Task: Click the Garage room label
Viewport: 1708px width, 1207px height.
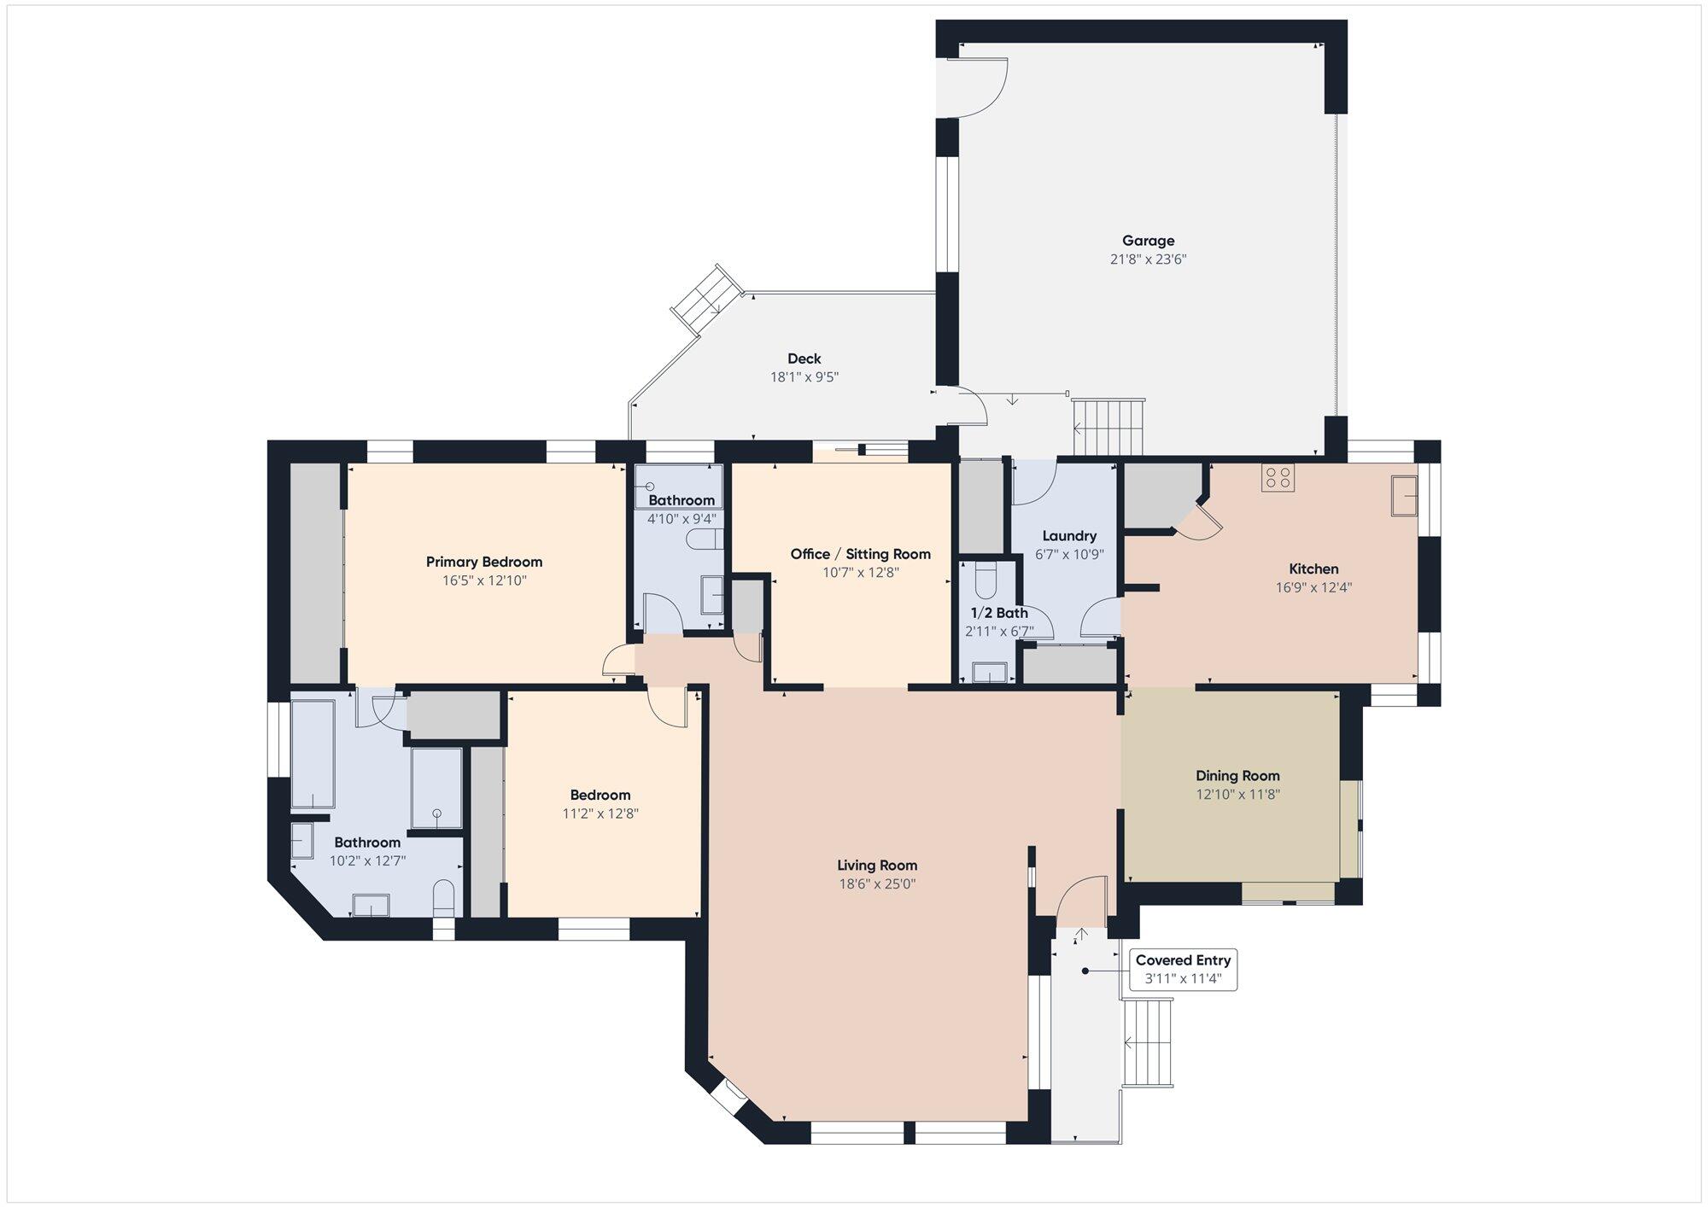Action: tap(1148, 241)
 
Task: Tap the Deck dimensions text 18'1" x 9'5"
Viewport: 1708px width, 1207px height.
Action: tap(804, 376)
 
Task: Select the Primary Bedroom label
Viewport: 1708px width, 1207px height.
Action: tap(484, 562)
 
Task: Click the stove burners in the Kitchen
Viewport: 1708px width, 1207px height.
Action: tap(1278, 477)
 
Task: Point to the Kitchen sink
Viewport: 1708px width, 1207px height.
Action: tap(1404, 496)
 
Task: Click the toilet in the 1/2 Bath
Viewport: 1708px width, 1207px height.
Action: tap(986, 580)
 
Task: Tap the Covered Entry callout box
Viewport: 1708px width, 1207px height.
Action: tap(1183, 969)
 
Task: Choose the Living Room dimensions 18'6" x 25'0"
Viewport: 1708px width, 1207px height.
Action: tap(877, 884)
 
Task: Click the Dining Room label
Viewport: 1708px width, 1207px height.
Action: tap(1237, 776)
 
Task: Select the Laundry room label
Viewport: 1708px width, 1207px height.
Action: tap(1069, 536)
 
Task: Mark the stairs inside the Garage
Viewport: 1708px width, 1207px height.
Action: tap(1108, 427)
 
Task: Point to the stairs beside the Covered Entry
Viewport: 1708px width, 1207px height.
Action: tap(1148, 1043)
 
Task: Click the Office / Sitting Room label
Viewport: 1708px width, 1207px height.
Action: tap(860, 554)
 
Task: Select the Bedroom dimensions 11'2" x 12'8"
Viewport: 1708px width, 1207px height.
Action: tap(600, 813)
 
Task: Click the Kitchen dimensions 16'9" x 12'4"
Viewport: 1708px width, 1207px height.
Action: tap(1313, 587)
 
